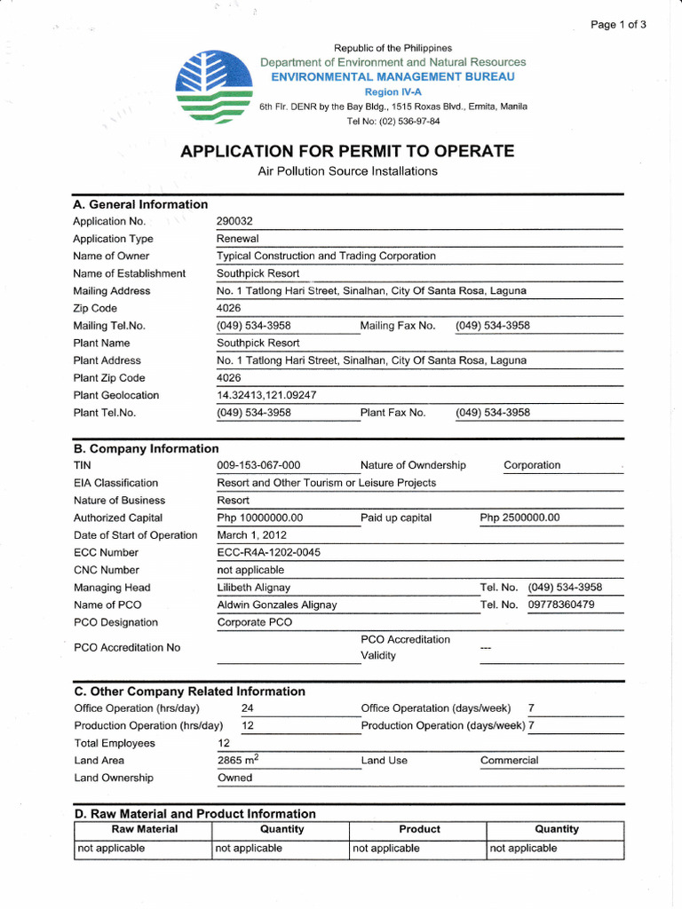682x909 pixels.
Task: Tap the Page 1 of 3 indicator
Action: (618, 25)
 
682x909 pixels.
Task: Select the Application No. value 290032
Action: (235, 221)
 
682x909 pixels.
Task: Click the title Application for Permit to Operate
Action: (347, 151)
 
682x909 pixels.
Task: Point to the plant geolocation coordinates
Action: (267, 395)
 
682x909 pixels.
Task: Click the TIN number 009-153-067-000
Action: (259, 465)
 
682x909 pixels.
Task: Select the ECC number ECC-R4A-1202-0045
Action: (269, 552)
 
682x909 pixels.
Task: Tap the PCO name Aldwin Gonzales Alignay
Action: (277, 605)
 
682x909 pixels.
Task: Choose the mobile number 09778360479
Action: (561, 605)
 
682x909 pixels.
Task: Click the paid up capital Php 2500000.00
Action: (519, 518)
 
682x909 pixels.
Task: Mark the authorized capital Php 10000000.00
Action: (260, 518)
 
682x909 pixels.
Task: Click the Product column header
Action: (419, 829)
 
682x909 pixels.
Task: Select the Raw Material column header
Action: (144, 829)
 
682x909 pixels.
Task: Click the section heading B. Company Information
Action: (146, 448)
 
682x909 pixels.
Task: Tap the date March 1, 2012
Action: (252, 535)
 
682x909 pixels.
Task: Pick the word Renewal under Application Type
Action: (237, 239)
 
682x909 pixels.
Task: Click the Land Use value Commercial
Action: (509, 760)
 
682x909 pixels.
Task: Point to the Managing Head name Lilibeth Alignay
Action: (254, 588)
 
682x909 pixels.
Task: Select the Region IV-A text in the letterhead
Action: (392, 91)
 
